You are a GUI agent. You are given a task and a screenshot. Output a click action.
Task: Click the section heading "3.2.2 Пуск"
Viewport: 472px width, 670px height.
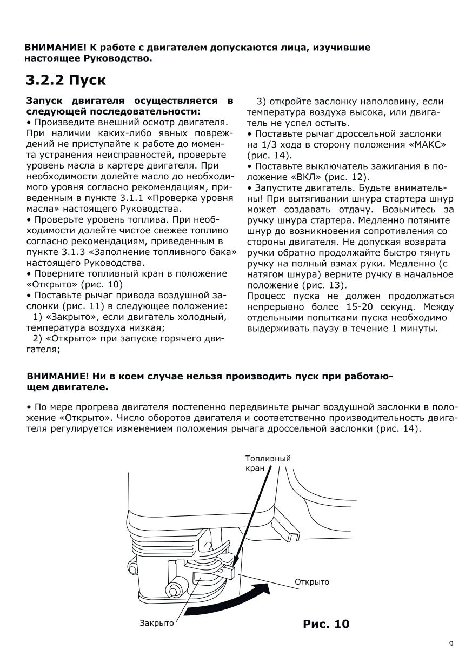coord(65,80)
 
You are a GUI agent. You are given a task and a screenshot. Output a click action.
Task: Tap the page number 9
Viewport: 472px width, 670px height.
coord(451,644)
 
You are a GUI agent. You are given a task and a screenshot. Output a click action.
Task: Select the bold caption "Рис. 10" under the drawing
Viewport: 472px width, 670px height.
coord(326,624)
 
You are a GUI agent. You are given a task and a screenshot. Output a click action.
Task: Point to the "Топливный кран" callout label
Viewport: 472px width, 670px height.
coord(268,464)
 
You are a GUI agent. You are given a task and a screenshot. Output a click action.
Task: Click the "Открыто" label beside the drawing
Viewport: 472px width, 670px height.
coord(312,582)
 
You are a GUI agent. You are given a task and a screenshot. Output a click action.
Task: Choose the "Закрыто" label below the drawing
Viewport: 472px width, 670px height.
coord(157,623)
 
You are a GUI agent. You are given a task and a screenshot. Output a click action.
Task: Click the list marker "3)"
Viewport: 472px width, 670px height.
coord(262,102)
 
